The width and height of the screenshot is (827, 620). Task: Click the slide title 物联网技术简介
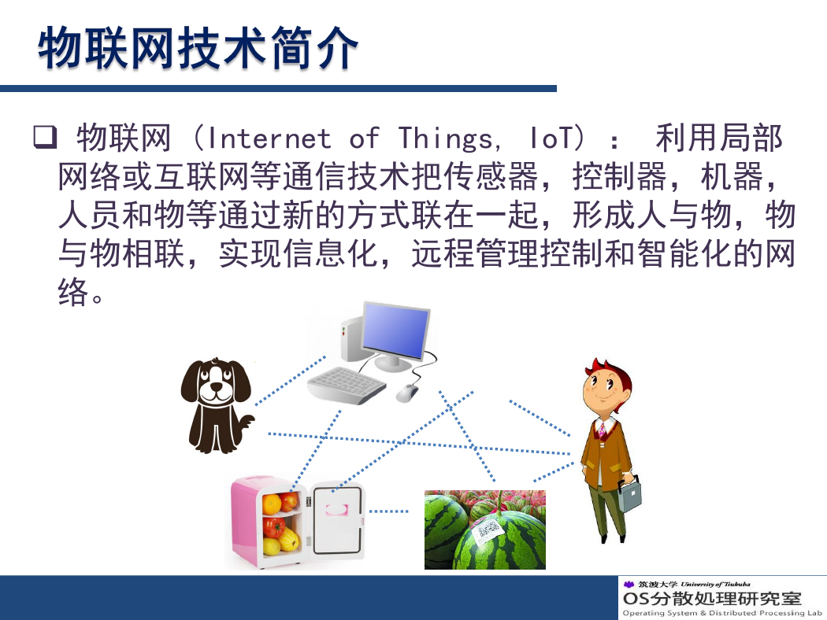point(198,49)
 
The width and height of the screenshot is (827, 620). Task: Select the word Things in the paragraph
point(446,139)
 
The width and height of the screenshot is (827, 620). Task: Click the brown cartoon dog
point(217,405)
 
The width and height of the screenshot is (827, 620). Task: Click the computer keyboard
point(347,386)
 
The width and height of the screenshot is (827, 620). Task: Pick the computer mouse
point(406,392)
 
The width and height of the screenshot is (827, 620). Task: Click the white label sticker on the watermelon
point(488,530)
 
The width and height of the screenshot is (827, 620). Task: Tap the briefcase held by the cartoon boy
point(630,493)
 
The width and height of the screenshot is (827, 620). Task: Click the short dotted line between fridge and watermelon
point(389,511)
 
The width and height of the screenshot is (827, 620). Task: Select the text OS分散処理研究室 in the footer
point(712,599)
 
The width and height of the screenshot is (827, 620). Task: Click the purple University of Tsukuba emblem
point(629,584)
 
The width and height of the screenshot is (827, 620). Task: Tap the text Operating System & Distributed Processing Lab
point(722,613)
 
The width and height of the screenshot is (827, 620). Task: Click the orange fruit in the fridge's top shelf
point(272,504)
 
